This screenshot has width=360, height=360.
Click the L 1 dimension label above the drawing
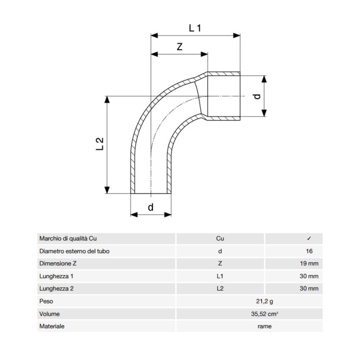pyautogui.click(x=195, y=28)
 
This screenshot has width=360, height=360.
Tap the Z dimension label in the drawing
pyautogui.click(x=180, y=47)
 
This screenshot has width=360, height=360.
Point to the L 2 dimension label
pyautogui.click(x=100, y=144)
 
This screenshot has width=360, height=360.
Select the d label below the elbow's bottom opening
pyautogui.click(x=151, y=207)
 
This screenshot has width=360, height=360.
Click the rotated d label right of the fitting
pyautogui.click(x=258, y=96)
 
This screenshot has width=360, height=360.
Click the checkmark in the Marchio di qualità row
pyautogui.click(x=309, y=238)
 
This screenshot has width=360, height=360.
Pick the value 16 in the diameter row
pyautogui.click(x=309, y=251)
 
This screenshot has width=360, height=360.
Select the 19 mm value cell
pyautogui.click(x=309, y=263)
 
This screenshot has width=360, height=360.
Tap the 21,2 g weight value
pyautogui.click(x=264, y=301)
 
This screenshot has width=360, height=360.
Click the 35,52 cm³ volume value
pyautogui.click(x=264, y=314)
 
